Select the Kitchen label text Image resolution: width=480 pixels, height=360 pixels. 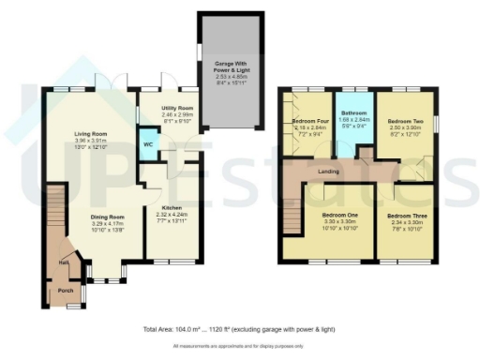pos(171,207)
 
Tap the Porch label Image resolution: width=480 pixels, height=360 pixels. pos(66,290)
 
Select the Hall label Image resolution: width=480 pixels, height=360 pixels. pos(62,264)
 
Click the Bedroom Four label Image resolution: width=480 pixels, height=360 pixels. pos(307,122)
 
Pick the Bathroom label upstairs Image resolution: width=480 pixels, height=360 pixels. pos(355,112)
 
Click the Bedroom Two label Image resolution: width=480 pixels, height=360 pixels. pos(406,122)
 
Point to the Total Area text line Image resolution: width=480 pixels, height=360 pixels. pos(239,330)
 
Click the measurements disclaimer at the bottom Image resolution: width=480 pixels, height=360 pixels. pos(239,347)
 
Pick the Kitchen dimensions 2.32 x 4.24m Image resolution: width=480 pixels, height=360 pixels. pos(171,215)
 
